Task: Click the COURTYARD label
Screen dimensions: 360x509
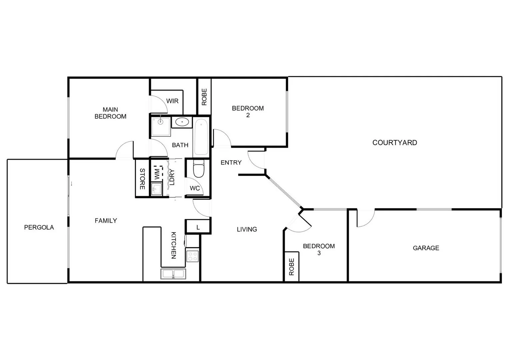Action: [x=394, y=143]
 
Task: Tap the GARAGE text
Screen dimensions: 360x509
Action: [x=426, y=248]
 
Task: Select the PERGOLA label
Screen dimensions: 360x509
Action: [x=39, y=227]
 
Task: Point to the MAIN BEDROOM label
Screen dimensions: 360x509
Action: [x=110, y=113]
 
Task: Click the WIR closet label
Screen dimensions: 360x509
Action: [x=172, y=101]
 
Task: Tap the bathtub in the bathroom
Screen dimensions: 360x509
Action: [x=201, y=137]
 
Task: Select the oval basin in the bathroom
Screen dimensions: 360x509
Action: [x=182, y=122]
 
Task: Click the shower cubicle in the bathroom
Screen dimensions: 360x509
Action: [x=161, y=126]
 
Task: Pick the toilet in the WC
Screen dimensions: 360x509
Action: [x=199, y=169]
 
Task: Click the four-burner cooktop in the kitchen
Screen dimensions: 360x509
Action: [x=192, y=256]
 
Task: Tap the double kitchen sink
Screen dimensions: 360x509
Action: [x=174, y=274]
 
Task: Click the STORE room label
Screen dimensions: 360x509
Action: [x=142, y=179]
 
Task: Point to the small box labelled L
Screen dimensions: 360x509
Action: [x=198, y=227]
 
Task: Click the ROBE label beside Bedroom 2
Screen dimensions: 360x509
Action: [x=204, y=97]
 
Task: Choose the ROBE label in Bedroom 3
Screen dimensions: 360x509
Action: [x=292, y=267]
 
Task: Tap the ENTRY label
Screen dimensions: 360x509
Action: [x=231, y=162]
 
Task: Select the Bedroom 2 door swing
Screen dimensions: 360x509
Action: [x=222, y=137]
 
